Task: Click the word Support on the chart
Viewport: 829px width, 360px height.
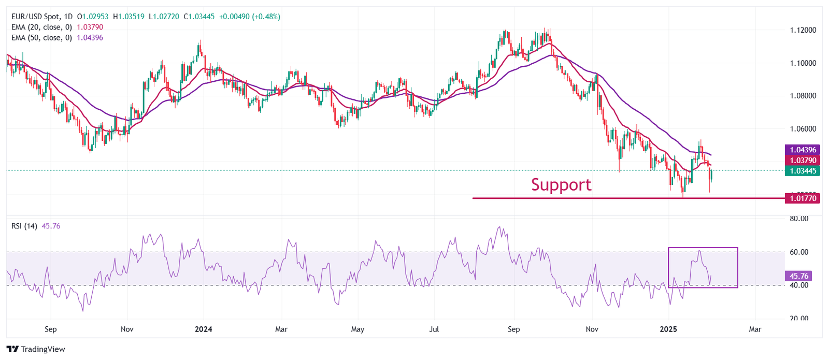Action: click(x=561, y=185)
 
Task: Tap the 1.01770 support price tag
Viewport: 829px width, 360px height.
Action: click(x=803, y=198)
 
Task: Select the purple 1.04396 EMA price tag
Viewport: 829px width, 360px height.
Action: click(x=803, y=150)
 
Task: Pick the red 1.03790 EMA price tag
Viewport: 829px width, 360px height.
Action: click(x=803, y=161)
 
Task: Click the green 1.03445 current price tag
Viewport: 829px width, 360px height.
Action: click(x=803, y=171)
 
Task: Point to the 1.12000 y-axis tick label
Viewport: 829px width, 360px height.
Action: click(x=803, y=30)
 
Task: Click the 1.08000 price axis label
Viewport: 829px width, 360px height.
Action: click(x=803, y=96)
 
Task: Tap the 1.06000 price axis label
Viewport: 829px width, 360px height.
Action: click(x=803, y=129)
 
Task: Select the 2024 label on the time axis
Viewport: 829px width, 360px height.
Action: click(x=203, y=329)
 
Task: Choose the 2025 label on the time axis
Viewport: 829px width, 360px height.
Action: click(x=668, y=329)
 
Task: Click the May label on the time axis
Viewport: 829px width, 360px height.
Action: click(x=358, y=329)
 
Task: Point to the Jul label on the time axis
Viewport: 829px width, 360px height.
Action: click(x=434, y=329)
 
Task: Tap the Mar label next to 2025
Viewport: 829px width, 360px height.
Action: click(x=755, y=329)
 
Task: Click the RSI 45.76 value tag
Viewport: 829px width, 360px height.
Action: click(x=798, y=276)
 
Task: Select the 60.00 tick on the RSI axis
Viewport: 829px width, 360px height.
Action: click(x=798, y=252)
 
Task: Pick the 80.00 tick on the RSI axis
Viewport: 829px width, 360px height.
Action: click(x=798, y=219)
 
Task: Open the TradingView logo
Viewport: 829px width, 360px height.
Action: click(x=36, y=349)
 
